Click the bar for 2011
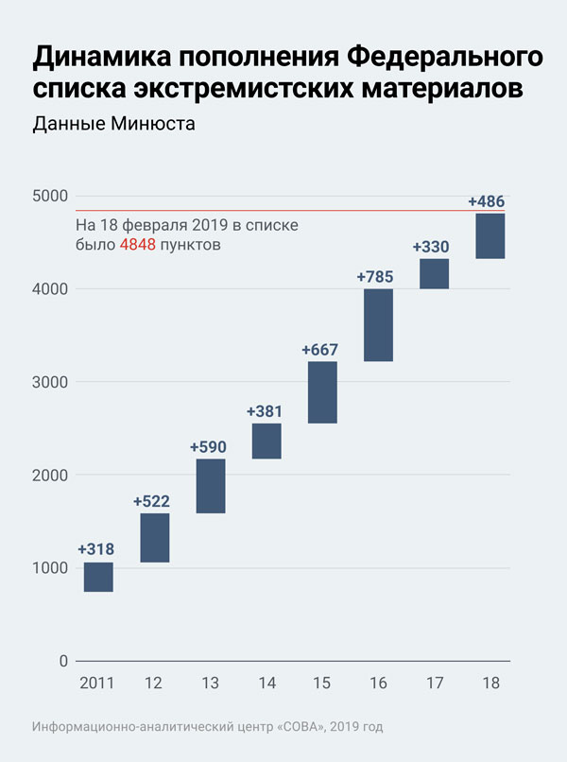point(98,577)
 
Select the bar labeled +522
point(154,538)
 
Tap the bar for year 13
point(211,486)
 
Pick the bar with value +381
point(266,441)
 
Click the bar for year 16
point(378,325)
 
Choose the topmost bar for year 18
point(490,236)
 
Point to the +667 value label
point(319,350)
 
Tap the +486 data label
point(487,201)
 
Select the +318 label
point(95,549)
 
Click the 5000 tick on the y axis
point(51,196)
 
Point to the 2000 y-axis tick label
point(51,475)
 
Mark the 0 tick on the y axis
point(64,661)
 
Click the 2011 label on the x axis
point(97,683)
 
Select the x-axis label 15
point(322,683)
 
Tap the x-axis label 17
point(434,683)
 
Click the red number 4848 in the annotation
point(137,245)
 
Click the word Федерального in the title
point(445,58)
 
